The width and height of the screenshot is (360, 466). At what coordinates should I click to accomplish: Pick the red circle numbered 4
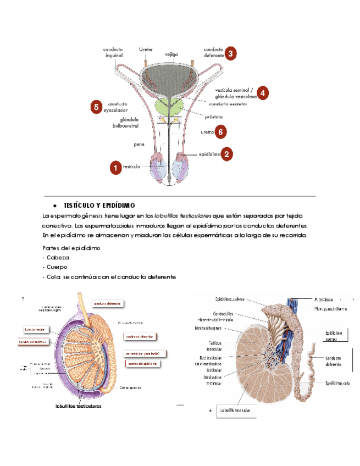pyautogui.click(x=263, y=93)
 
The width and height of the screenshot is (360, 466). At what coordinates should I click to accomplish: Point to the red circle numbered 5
pyautogui.click(x=96, y=106)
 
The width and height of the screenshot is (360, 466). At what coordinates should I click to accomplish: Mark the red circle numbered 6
pyautogui.click(x=220, y=132)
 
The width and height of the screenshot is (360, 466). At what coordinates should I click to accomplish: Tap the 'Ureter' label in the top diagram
pyautogui.click(x=146, y=50)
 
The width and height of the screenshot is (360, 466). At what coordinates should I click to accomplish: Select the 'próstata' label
pyautogui.click(x=212, y=116)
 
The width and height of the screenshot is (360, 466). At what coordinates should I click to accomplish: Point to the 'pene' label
pyautogui.click(x=139, y=145)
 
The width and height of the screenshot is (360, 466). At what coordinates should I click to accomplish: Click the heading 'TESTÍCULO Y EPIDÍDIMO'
pyautogui.click(x=99, y=205)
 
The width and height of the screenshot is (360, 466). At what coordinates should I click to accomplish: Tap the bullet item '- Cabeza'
pyautogui.click(x=56, y=257)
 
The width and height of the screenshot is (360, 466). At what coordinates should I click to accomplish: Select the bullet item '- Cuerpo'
pyautogui.click(x=56, y=267)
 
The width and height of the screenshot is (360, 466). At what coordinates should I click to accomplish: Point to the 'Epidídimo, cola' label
pyautogui.click(x=337, y=383)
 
